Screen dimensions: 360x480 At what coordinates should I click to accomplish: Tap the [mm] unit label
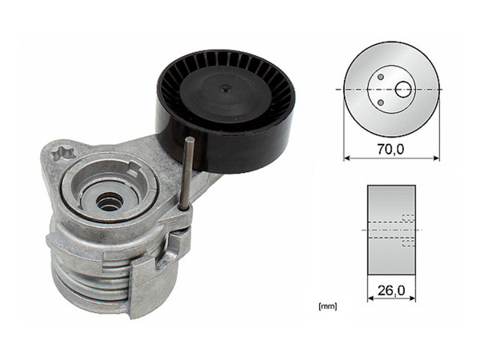pyautogui.click(x=326, y=305)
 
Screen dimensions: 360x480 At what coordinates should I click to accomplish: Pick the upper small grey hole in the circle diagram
pyautogui.click(x=381, y=78)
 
